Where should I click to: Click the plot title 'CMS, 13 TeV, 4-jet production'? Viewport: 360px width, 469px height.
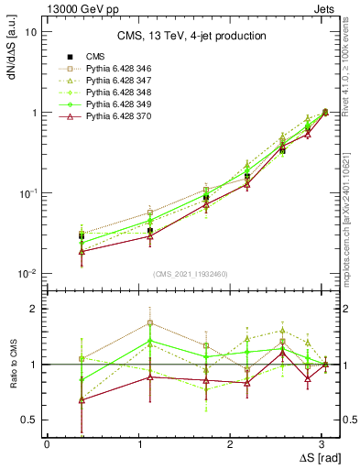(x=191, y=36)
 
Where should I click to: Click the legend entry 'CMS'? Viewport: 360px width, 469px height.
(x=96, y=58)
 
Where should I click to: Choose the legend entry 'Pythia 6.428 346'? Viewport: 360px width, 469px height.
(x=122, y=70)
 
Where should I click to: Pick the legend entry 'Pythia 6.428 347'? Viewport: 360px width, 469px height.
(x=122, y=82)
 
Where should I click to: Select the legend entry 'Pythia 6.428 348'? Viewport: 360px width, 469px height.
(x=122, y=93)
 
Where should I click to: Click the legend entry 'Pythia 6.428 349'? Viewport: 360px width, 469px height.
(x=122, y=105)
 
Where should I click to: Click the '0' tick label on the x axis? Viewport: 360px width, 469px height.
(x=47, y=442)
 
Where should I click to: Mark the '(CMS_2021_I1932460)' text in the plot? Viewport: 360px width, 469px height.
(x=191, y=274)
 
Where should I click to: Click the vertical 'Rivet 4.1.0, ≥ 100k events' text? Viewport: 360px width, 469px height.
(x=350, y=73)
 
